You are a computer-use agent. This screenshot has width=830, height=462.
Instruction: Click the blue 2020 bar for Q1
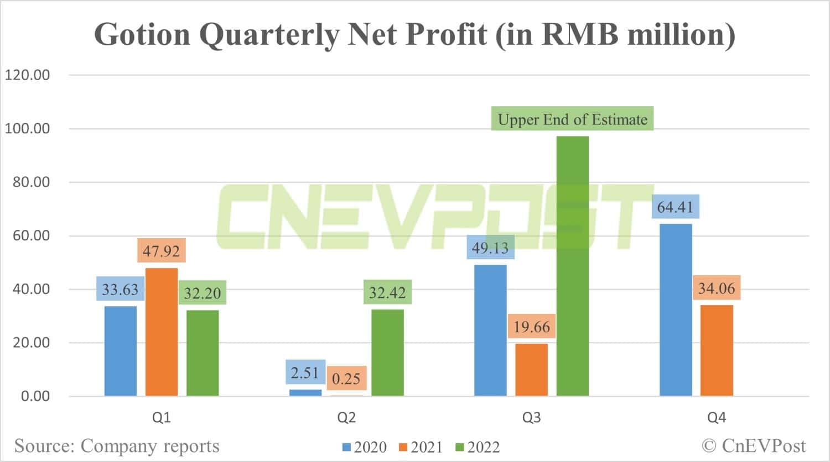point(121,351)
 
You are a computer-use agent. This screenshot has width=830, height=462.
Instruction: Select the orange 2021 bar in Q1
point(162,332)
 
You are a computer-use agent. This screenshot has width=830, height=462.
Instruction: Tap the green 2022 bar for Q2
point(387,353)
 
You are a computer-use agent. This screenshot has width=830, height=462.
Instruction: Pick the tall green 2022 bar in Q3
point(573,266)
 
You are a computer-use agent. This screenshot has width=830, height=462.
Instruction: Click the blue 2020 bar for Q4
point(676,309)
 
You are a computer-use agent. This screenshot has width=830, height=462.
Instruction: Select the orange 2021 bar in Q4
point(717,350)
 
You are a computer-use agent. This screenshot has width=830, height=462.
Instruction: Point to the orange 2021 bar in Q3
point(531,370)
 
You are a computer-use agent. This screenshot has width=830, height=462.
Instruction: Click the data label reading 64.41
point(675,207)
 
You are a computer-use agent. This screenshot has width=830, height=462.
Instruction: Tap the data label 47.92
point(161,251)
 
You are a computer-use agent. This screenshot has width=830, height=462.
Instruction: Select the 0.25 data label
point(346,379)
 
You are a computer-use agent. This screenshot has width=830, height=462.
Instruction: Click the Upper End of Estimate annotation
point(572,119)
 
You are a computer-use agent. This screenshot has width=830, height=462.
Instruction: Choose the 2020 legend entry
point(365,447)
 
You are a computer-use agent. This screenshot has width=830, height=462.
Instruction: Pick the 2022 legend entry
point(478,447)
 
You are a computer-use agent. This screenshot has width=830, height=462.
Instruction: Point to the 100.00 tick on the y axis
point(27,128)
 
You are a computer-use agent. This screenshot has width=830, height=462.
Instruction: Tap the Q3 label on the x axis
point(531,418)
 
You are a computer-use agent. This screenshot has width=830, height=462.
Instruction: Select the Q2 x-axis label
point(346,418)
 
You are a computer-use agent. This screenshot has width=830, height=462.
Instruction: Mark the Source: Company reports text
point(117,445)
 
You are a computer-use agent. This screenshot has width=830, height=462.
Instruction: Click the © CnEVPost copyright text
point(754,445)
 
